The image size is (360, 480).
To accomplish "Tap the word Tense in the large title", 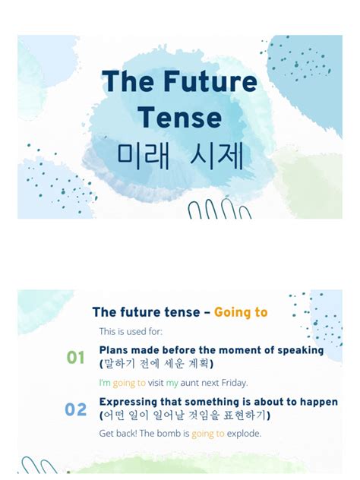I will pyautogui.click(x=179, y=118).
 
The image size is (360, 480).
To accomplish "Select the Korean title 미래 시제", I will pyautogui.click(x=180, y=156).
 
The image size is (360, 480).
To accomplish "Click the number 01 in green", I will pyautogui.click(x=76, y=357).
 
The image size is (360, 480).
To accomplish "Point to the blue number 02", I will pyautogui.click(x=76, y=410).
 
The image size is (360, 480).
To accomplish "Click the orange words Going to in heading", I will pyautogui.click(x=241, y=312).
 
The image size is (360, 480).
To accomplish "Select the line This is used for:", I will pyautogui.click(x=131, y=331).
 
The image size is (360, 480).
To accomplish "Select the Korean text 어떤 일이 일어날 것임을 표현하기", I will pyautogui.click(x=185, y=415).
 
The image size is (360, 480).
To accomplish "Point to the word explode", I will pyautogui.click(x=244, y=434).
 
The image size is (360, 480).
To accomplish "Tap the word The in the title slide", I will pyautogui.click(x=126, y=83).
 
